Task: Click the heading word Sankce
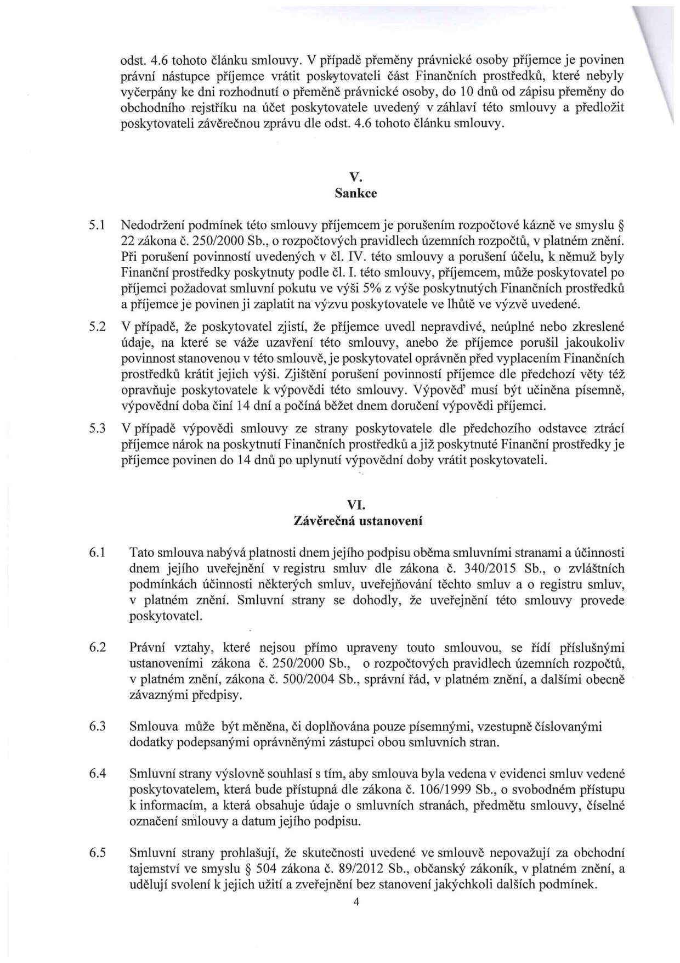point(356,193)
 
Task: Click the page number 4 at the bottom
point(356,901)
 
